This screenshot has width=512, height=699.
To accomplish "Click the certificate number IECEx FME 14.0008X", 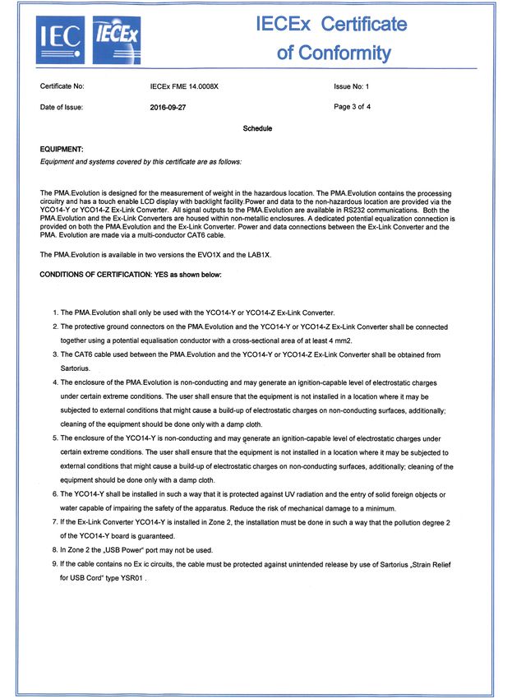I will click(x=185, y=86).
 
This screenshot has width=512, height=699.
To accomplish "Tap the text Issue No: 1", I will click(x=352, y=86).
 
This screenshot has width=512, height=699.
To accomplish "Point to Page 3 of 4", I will click(x=353, y=107).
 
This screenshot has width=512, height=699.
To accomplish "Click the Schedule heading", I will click(x=257, y=128).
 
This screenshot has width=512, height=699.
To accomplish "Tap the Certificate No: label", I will click(x=62, y=86).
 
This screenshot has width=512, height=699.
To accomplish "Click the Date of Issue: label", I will click(x=62, y=107).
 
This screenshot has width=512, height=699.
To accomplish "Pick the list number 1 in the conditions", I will click(x=54, y=312).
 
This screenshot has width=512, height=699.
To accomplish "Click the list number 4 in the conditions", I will click(x=54, y=382).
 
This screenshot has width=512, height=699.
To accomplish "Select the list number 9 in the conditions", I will click(x=54, y=563).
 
